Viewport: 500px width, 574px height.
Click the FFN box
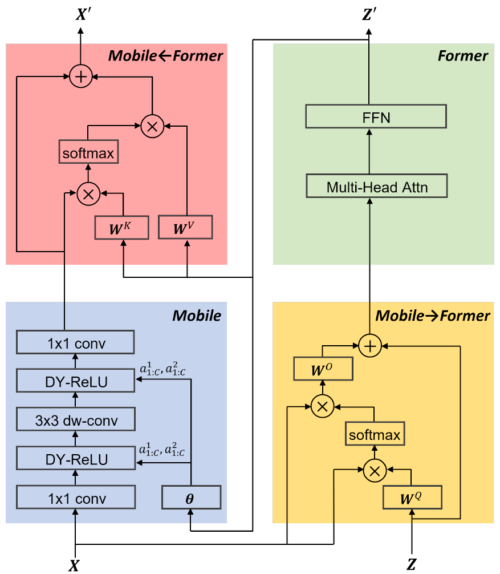[376, 117]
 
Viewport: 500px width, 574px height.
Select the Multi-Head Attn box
[376, 187]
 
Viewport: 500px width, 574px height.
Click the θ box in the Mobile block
[190, 498]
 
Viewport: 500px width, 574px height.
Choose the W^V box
[185, 227]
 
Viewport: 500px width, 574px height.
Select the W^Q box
[413, 497]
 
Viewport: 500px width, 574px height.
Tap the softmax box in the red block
[88, 152]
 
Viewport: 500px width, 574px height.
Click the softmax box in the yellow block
[375, 435]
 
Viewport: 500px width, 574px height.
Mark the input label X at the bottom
[74, 565]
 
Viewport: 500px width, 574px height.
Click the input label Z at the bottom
[412, 565]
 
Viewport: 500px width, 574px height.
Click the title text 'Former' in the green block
[462, 56]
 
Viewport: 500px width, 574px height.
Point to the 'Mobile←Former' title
[165, 56]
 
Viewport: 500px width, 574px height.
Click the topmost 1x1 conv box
[75, 343]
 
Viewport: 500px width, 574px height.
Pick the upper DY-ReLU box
[75, 381]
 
